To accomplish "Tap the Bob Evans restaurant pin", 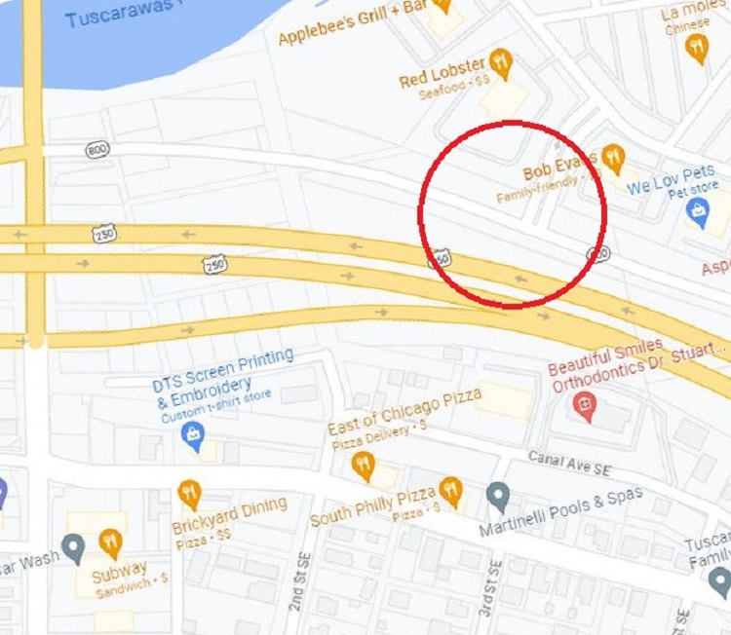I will pyautogui.click(x=613, y=157).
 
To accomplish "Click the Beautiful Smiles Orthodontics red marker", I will pyautogui.click(x=585, y=406).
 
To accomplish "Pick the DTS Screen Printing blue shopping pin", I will pyautogui.click(x=193, y=435).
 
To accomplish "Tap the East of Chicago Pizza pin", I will pyautogui.click(x=364, y=465).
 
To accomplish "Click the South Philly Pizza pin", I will pyautogui.click(x=450, y=490).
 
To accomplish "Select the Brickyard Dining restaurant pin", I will pyautogui.click(x=189, y=494).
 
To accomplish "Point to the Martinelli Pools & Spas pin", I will pyautogui.click(x=499, y=497).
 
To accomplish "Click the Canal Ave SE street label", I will pyautogui.click(x=569, y=463).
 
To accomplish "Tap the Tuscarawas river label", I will pyautogui.click(x=121, y=12).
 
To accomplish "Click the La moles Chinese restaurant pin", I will pyautogui.click(x=697, y=46).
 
